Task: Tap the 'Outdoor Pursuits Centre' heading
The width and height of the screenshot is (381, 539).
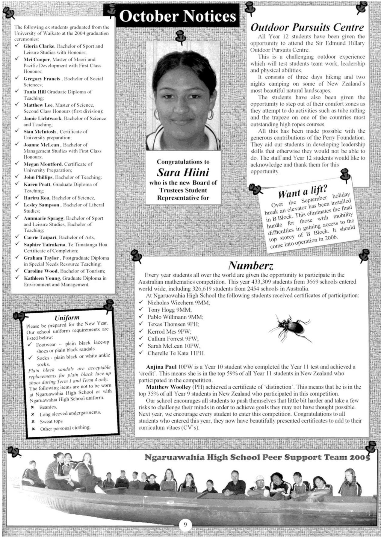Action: (x=307, y=28)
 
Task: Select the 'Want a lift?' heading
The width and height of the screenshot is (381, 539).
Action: (x=303, y=191)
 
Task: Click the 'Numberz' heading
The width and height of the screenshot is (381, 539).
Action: (x=250, y=265)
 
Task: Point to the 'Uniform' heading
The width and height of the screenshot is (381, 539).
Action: (x=67, y=317)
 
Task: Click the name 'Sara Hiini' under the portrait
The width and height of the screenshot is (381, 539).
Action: (x=183, y=172)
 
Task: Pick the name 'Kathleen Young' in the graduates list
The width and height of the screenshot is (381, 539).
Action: (x=42, y=278)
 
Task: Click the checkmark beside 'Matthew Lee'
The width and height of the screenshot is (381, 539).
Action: (x=18, y=105)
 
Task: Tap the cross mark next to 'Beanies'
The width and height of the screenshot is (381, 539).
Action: (x=33, y=408)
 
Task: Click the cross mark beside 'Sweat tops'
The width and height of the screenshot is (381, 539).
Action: (x=33, y=422)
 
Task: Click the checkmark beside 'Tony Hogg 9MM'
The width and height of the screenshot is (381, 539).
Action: (x=141, y=310)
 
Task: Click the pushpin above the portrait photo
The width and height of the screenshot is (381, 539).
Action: (x=180, y=36)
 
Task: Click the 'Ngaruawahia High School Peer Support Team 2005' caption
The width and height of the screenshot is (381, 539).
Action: (x=257, y=457)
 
